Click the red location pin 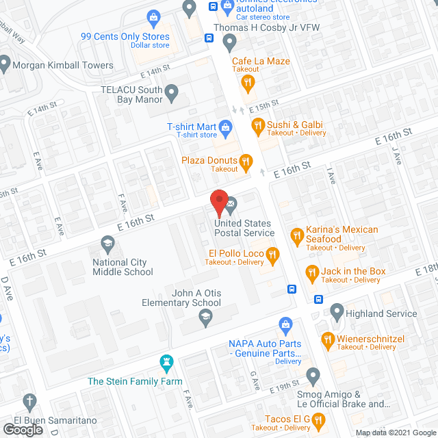(218, 203)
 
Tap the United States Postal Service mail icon (231, 203)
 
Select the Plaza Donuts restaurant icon (246, 162)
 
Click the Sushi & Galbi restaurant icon (258, 126)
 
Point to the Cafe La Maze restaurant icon (248, 83)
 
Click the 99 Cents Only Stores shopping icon (153, 16)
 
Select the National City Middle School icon (107, 243)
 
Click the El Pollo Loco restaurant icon (273, 257)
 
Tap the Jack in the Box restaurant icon (312, 272)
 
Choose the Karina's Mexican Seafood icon (296, 235)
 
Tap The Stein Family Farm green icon (165, 361)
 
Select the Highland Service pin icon (337, 313)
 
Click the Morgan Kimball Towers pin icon (5, 66)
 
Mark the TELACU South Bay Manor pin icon (172, 91)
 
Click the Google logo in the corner (23, 430)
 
